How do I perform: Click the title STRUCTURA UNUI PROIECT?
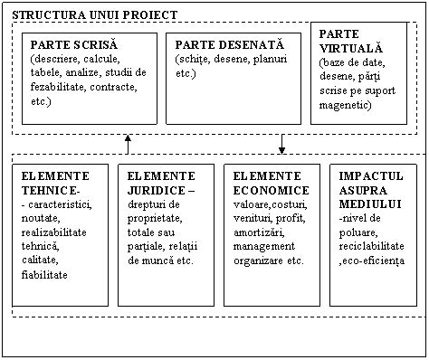pos(94,14)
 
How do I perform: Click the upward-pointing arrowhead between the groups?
pos(128,139)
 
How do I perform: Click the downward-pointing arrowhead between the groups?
pos(282,149)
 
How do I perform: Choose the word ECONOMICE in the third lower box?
pos(271,192)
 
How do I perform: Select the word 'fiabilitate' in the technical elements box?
pos(43,274)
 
